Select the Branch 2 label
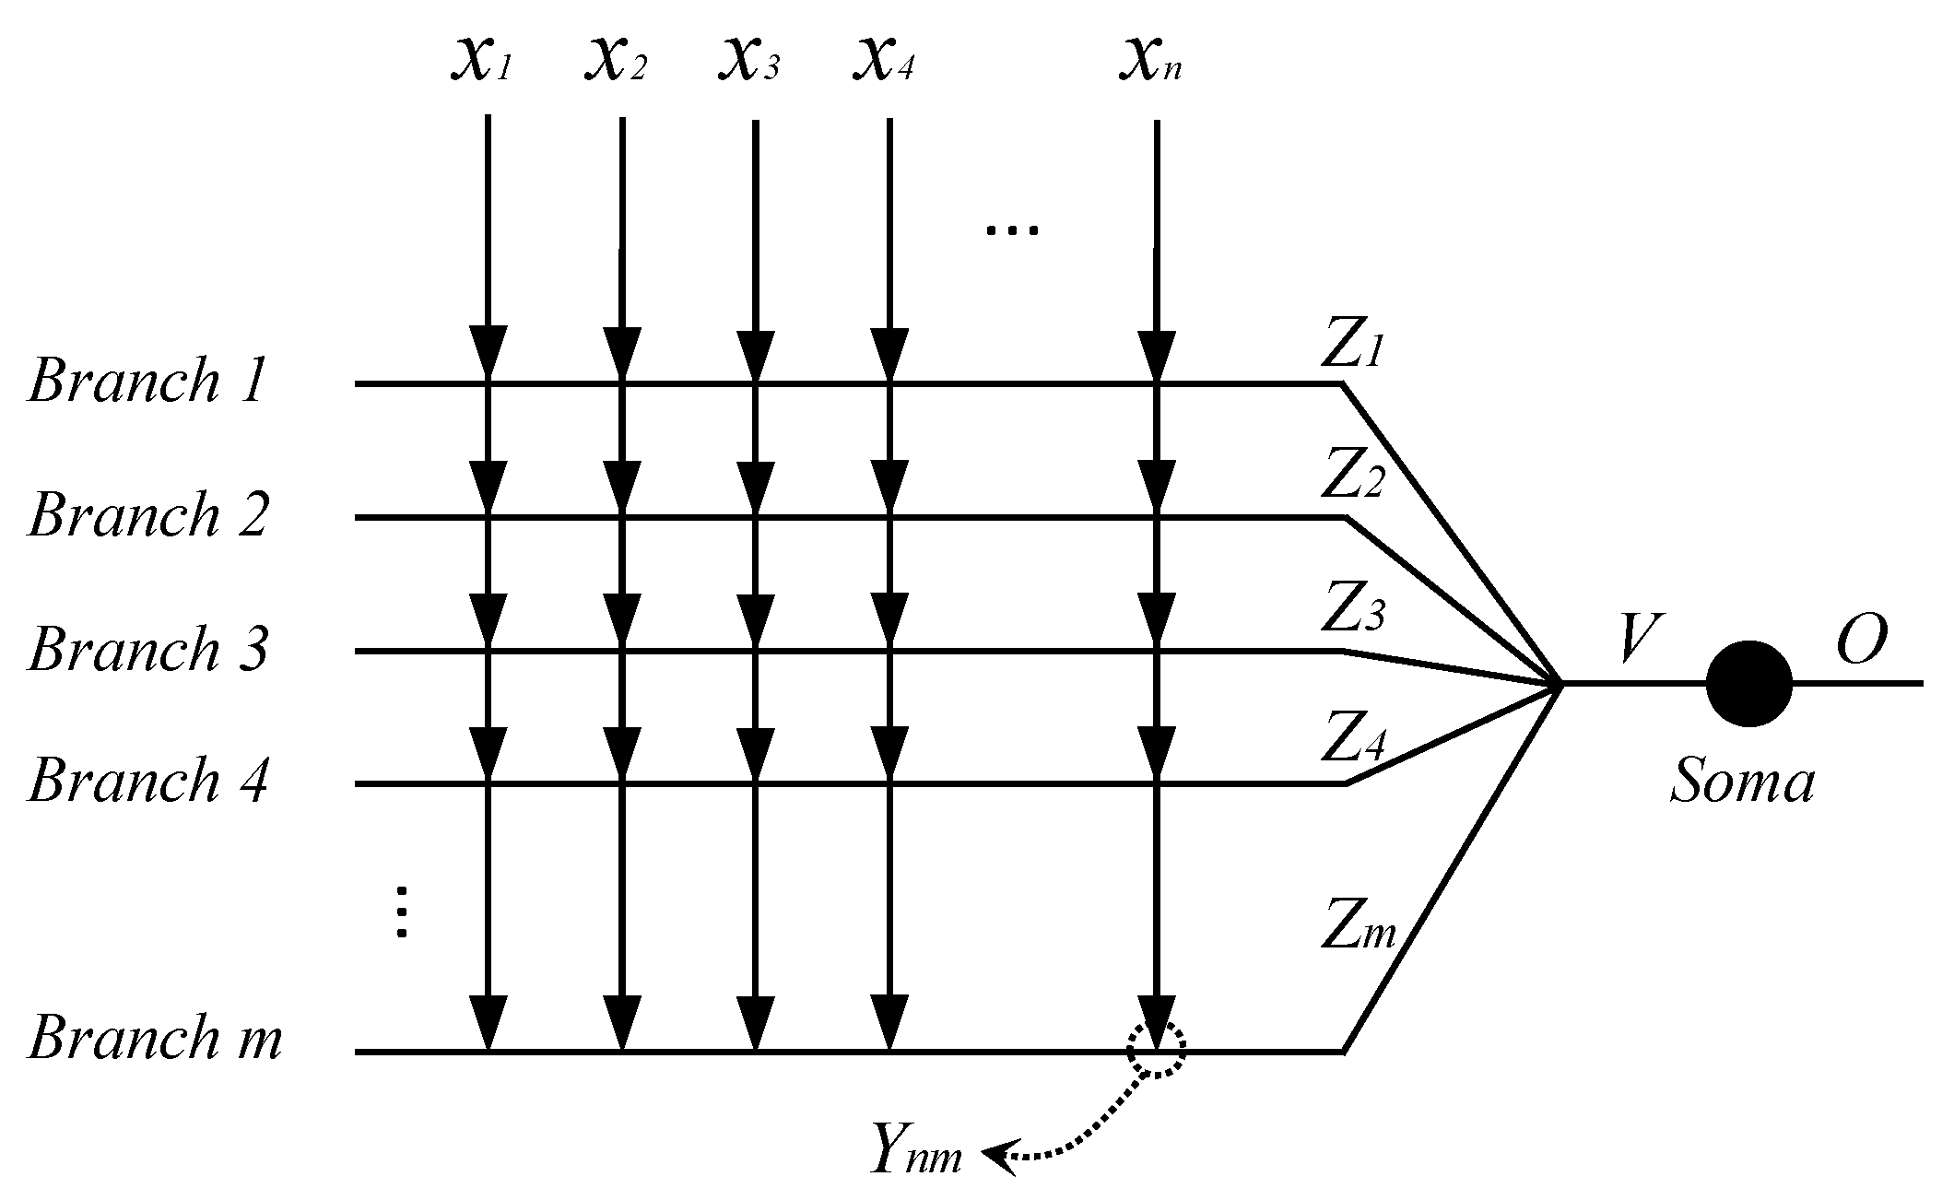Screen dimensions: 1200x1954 (147, 514)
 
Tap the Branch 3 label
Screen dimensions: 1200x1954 (147, 648)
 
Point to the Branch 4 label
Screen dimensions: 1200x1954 (147, 781)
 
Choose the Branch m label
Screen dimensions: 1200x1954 (155, 1039)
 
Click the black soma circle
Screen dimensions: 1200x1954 (1748, 683)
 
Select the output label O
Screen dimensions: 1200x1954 (1860, 641)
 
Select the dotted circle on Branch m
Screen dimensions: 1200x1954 (1157, 1048)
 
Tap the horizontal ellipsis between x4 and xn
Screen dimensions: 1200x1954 (1012, 230)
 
